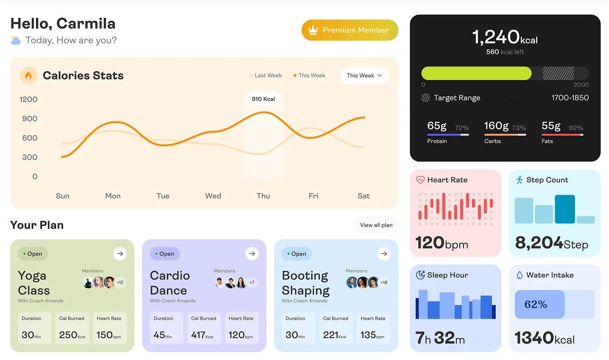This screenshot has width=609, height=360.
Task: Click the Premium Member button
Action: (350, 30)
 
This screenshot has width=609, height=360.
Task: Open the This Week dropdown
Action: (365, 75)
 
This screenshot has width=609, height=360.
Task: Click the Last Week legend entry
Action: (266, 75)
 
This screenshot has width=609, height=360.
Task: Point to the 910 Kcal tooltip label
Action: (263, 99)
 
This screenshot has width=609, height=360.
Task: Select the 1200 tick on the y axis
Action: (29, 99)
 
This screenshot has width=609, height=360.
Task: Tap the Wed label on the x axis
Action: (213, 196)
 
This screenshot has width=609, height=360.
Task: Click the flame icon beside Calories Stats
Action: (28, 75)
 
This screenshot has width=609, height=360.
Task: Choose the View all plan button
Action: (376, 225)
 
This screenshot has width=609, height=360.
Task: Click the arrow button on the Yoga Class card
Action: (120, 254)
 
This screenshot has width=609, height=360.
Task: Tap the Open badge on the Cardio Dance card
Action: (165, 254)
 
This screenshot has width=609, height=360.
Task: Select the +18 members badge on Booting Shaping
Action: (384, 282)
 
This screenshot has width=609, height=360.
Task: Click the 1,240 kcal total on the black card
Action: (505, 37)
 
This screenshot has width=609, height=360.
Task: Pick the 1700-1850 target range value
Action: (570, 98)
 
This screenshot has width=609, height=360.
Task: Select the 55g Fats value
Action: (551, 126)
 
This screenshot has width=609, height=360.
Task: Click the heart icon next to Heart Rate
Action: (420, 180)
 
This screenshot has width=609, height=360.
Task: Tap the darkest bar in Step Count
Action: (564, 209)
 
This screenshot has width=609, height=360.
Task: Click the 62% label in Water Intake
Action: (536, 304)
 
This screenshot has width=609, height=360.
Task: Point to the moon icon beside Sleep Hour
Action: (420, 275)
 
